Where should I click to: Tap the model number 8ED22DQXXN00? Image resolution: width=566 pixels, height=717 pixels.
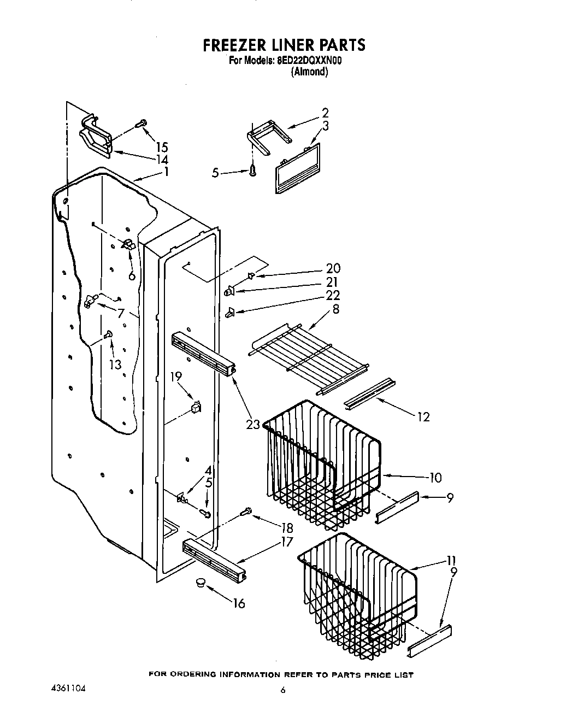(309, 61)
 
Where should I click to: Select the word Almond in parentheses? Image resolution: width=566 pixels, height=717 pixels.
(309, 72)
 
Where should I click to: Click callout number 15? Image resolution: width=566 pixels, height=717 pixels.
(161, 147)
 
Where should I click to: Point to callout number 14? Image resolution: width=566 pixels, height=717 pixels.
(161, 160)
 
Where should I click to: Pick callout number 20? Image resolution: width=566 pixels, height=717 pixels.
(333, 268)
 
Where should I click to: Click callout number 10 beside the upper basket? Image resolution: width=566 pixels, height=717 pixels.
(435, 478)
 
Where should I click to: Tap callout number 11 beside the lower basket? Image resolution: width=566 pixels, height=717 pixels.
(451, 561)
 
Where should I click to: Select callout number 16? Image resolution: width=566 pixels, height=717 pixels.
(238, 603)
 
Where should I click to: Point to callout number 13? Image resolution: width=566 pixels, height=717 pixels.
(115, 365)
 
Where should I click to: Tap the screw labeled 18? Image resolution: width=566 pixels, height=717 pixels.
(246, 512)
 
